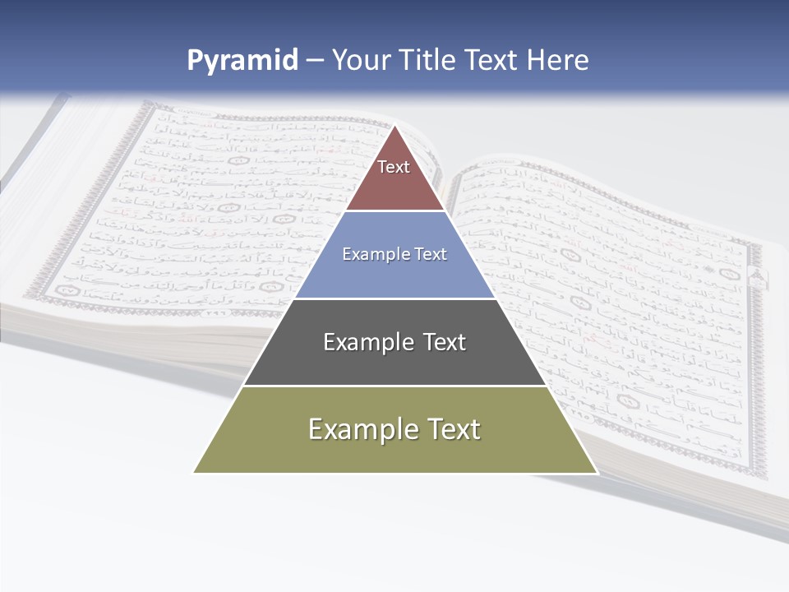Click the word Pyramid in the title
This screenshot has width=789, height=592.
point(242,61)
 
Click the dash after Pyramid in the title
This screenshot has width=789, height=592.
point(315,61)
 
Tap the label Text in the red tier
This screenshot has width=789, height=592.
point(394,167)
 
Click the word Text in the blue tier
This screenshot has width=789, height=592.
point(431,254)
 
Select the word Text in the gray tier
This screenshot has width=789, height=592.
point(445,342)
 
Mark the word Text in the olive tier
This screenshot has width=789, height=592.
point(454,429)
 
